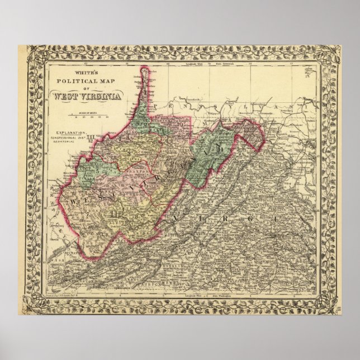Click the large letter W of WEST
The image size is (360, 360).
point(72,199)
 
